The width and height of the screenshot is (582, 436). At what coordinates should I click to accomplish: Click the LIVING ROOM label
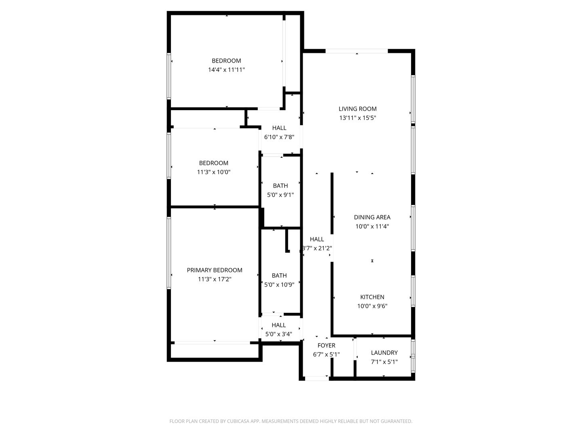(357, 109)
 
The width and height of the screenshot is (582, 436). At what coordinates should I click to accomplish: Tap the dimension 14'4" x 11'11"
(226, 70)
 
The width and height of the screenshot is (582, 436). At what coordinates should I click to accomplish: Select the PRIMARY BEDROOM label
(214, 270)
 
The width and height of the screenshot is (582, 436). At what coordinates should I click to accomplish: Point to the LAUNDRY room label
(384, 352)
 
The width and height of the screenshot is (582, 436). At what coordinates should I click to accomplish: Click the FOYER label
(326, 346)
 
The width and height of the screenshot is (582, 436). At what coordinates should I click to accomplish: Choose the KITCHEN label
(372, 297)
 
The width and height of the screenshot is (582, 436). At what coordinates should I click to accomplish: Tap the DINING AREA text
(372, 217)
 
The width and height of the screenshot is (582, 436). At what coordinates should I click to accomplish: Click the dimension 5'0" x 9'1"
(280, 195)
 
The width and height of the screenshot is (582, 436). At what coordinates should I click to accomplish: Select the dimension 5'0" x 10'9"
(279, 285)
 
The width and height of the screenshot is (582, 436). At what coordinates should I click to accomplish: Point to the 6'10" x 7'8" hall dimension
(279, 137)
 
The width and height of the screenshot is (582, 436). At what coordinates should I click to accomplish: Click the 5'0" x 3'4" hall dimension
(278, 334)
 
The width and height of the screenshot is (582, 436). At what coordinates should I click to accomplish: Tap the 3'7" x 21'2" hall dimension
(317, 248)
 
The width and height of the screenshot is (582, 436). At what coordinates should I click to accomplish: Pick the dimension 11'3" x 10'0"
(213, 172)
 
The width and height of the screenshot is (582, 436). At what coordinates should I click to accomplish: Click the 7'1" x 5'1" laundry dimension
(384, 362)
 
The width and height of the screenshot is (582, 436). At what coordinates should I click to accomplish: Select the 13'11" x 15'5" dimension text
(357, 118)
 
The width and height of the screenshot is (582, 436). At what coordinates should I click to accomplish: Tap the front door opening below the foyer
(316, 379)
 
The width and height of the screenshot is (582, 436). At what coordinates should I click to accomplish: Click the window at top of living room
(356, 51)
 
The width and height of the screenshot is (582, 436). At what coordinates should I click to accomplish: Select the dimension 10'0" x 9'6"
(372, 306)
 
